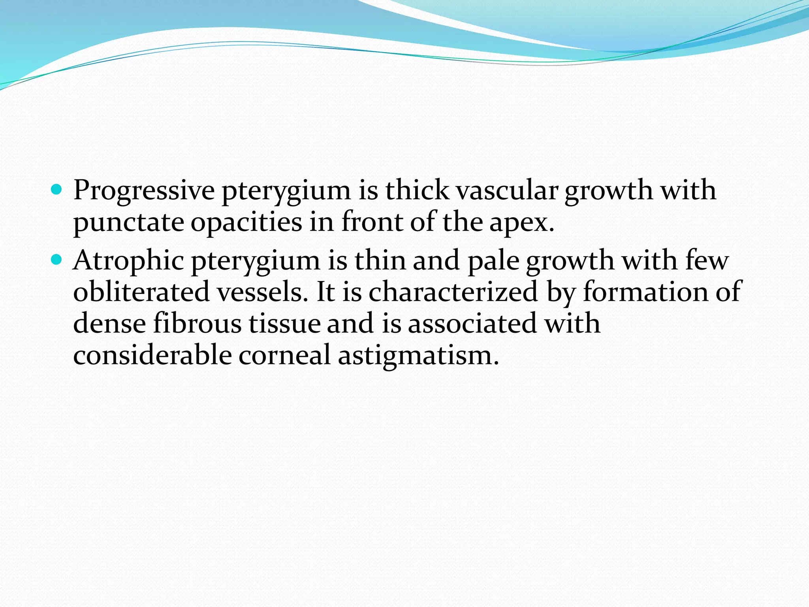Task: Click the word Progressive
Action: (x=144, y=190)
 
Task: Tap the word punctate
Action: (x=128, y=222)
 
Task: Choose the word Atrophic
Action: (x=129, y=261)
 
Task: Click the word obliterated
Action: (x=141, y=292)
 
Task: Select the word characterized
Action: (x=453, y=292)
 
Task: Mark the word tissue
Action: (x=284, y=323)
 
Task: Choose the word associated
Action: (x=472, y=323)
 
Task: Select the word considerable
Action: (x=152, y=355)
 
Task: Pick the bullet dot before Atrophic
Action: (x=57, y=260)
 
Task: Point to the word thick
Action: (x=417, y=190)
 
